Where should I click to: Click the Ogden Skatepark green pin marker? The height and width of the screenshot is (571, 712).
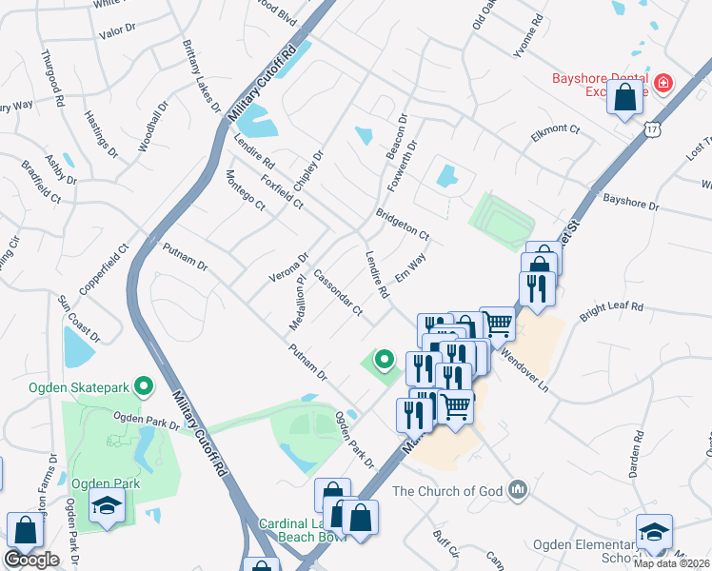(x=144, y=385)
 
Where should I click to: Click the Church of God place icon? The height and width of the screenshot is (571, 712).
(x=518, y=490)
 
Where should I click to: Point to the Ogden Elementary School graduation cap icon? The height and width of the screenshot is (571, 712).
(x=654, y=532)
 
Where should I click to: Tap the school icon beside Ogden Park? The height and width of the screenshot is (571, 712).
(x=108, y=508)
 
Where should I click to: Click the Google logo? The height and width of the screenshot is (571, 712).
(x=30, y=560)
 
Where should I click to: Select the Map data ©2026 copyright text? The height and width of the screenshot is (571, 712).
(x=672, y=563)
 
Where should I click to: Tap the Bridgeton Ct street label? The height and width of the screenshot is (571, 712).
(x=403, y=225)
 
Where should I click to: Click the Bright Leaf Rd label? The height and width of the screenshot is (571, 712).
(x=612, y=307)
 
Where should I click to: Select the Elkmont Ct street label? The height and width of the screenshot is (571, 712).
(x=555, y=128)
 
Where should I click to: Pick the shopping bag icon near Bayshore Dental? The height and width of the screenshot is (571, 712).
(x=624, y=98)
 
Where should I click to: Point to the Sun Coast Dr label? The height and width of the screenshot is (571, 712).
(x=79, y=318)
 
